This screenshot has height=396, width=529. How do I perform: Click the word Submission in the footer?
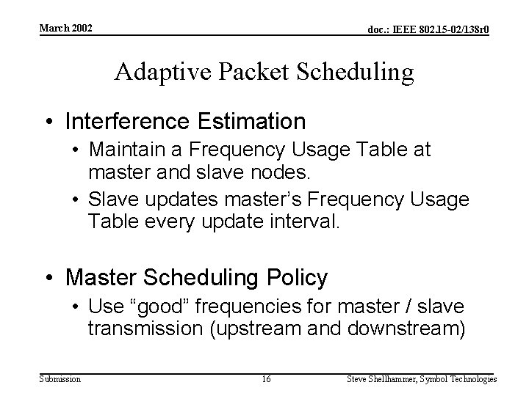tap(60, 379)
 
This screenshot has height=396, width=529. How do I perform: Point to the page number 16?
tap(267, 379)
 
